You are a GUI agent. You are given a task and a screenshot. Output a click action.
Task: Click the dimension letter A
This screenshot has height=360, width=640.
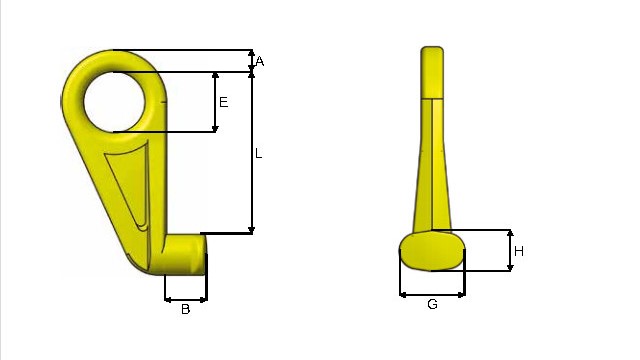(x=260, y=62)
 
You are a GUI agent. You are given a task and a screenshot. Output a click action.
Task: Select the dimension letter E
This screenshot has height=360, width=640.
(x=224, y=102)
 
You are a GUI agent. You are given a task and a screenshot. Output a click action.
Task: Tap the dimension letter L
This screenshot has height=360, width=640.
(x=258, y=154)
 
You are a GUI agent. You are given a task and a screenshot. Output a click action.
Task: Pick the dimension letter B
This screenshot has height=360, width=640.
(x=185, y=309)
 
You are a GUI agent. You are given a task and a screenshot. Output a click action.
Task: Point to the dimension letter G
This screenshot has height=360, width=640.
(x=432, y=304)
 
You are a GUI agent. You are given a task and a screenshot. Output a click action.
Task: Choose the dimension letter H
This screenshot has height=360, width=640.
(x=519, y=251)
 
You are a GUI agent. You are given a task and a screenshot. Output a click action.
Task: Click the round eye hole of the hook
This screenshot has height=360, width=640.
(x=114, y=102)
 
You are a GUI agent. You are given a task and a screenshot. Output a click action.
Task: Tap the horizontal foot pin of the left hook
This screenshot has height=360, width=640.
(x=184, y=254)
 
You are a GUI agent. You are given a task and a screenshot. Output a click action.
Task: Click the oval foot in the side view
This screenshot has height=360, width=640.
(x=432, y=250)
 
